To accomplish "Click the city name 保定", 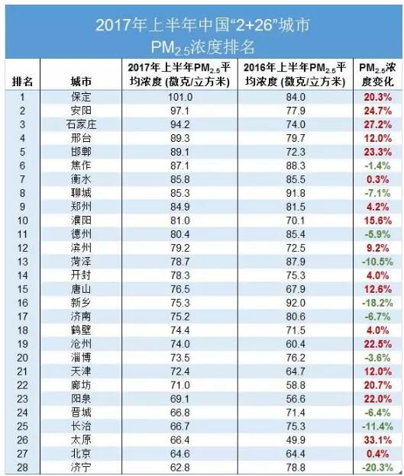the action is [x=81, y=97].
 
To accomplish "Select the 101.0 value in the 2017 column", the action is [x=180, y=97].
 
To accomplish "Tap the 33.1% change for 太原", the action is [x=378, y=440].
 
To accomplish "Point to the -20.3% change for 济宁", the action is [x=377, y=468].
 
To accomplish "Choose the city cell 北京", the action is [x=81, y=454].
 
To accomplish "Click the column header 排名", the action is [x=22, y=82].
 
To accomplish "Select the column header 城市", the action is [x=81, y=82].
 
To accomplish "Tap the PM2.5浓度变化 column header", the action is [x=377, y=75].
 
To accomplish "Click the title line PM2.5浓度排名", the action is [x=202, y=47].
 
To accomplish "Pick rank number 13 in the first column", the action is [x=22, y=262].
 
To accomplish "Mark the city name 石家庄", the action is [x=81, y=124].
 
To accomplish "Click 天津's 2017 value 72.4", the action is [x=180, y=371].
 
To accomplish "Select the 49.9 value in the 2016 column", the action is [x=296, y=440].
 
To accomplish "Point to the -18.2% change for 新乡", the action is [x=377, y=303].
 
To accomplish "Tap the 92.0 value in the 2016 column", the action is [x=296, y=303].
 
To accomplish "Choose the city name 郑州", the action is [x=81, y=207].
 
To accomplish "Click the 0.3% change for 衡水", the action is [x=378, y=179].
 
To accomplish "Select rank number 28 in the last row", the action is [x=22, y=468].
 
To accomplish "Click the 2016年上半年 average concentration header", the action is [x=296, y=75].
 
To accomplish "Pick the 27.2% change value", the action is [x=378, y=124].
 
